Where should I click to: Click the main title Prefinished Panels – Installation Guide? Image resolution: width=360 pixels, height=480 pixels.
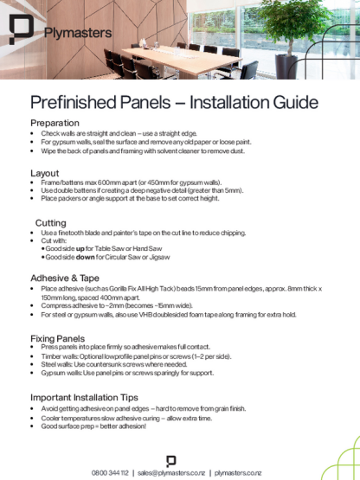click(174, 104)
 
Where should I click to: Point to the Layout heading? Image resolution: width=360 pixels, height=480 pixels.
click(44, 173)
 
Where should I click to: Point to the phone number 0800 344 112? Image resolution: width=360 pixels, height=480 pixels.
click(110, 472)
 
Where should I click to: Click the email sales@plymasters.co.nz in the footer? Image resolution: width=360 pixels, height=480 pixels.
click(170, 472)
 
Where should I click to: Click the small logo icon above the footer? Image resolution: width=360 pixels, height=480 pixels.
click(170, 459)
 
